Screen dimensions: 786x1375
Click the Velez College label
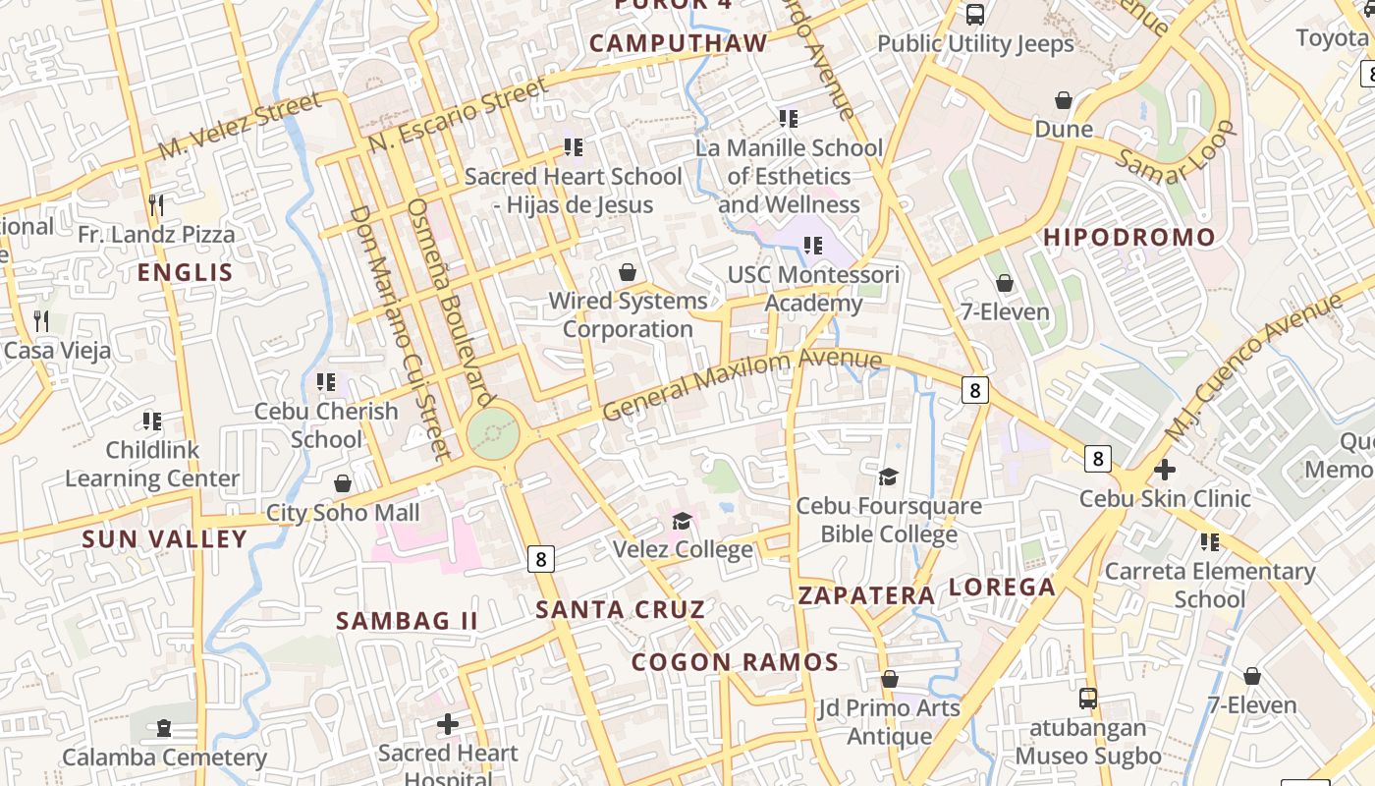coord(683,548)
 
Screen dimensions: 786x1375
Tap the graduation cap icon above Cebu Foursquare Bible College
coord(888,477)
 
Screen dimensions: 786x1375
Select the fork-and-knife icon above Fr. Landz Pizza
coord(156,204)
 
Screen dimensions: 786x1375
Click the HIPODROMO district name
coord(1128,237)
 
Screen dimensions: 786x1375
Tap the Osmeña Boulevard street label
coord(449,303)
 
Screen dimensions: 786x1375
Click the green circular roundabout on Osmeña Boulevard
coord(492,433)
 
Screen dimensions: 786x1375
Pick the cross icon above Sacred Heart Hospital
coord(448,724)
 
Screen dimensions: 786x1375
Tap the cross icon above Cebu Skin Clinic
coord(1165,470)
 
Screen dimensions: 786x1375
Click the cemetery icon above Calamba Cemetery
coord(164,728)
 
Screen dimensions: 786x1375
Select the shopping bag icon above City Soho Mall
coord(343,483)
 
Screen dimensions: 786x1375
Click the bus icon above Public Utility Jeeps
coord(975,15)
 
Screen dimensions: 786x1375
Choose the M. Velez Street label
coord(240,126)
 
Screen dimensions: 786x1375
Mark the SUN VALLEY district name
coord(164,538)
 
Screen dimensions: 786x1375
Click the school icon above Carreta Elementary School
coord(1210,541)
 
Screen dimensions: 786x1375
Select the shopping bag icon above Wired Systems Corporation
coord(628,272)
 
